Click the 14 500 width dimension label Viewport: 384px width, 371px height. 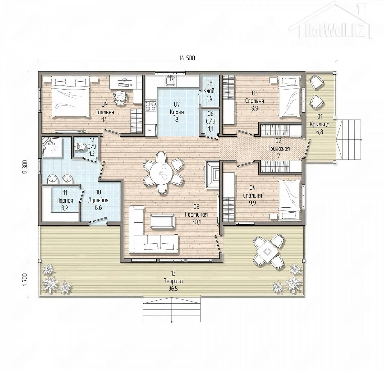coord(187,58)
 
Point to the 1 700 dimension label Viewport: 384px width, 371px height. coord(25,280)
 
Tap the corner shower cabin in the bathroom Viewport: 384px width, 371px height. coord(52,147)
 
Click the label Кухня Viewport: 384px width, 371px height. coord(177,112)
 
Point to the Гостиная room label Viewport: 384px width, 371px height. coord(196,214)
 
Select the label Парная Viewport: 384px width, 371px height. coord(65,200)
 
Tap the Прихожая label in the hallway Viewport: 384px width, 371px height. coord(279,148)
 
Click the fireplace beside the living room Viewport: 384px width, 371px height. coord(213,174)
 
